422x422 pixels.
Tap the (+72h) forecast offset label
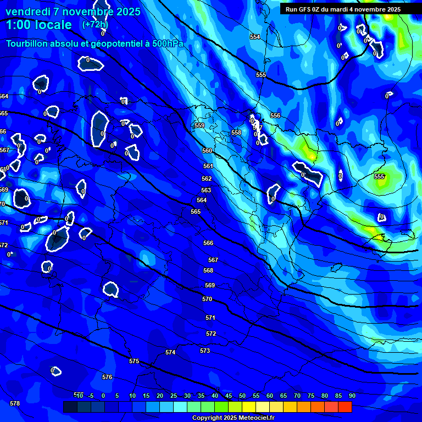[95, 24]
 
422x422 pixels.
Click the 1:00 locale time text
[38, 25]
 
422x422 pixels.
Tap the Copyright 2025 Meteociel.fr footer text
[233, 418]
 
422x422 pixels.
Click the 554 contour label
[255, 37]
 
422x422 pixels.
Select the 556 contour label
[275, 115]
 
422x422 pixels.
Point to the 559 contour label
[199, 126]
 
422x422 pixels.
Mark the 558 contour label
[236, 132]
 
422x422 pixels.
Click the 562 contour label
[207, 179]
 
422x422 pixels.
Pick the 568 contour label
[208, 270]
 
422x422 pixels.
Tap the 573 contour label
[205, 351]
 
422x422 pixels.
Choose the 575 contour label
[134, 361]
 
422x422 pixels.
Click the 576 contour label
[107, 377]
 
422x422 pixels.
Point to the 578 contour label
[15, 403]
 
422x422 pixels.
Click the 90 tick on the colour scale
[352, 396]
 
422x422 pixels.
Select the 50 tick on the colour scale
[242, 396]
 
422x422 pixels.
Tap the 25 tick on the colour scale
[174, 396]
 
